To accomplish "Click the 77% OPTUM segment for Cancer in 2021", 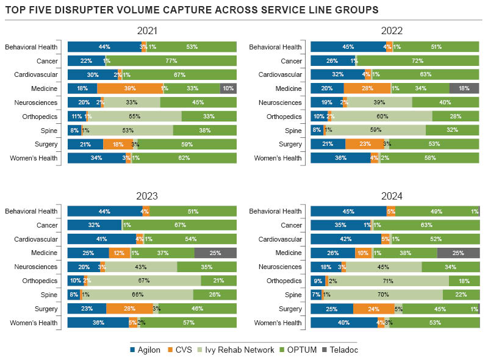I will point(171,61).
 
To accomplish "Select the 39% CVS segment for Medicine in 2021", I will point(130,88).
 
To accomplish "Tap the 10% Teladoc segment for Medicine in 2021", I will point(228,88).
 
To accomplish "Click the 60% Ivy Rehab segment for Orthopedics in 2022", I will point(382,117).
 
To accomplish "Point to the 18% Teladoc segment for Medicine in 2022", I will point(464,88).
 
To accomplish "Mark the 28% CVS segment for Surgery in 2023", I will point(129,309).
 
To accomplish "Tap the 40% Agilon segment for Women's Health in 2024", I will point(344,323).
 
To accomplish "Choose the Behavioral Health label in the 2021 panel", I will point(31,47).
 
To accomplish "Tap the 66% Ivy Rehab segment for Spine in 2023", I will point(138,295).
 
